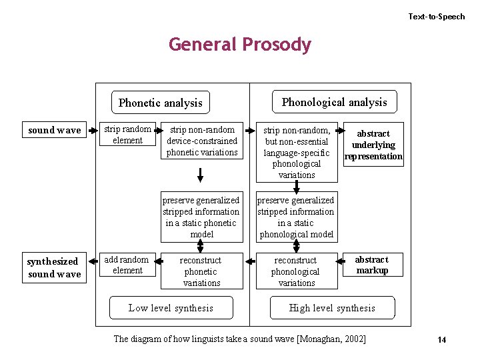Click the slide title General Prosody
coord(240,45)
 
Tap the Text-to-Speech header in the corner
coord(437,16)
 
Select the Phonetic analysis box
coord(160,103)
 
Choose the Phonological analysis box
coord(334,102)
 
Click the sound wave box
coord(55,131)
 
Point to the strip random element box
coord(127,135)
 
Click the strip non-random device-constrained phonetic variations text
coord(201,141)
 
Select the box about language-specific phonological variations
coord(297,152)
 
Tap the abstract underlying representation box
coord(373,145)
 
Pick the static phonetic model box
coord(201,217)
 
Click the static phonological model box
coord(297,217)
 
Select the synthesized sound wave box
coord(55,267)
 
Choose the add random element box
coord(127,265)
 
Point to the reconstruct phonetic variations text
coord(201,271)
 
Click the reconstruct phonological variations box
coord(297,271)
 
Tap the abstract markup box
coord(372,265)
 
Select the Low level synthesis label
coord(171,307)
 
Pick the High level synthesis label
coord(332,307)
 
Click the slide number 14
coord(441,340)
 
